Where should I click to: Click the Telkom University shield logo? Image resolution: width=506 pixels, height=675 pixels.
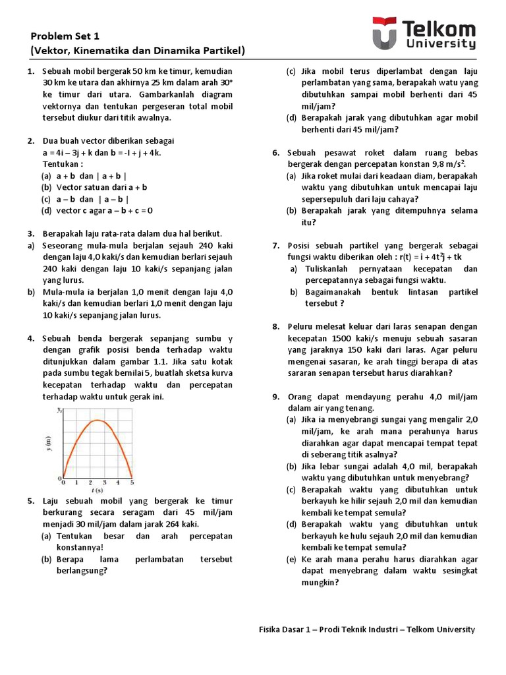click(385, 34)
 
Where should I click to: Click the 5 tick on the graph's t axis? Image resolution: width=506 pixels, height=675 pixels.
click(132, 483)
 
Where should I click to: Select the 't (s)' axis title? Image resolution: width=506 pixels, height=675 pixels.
click(97, 490)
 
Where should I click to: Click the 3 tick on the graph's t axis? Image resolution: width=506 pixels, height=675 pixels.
click(104, 483)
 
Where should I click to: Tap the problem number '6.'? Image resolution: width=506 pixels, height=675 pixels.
click(276, 152)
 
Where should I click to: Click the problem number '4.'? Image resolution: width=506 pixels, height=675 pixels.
click(31, 338)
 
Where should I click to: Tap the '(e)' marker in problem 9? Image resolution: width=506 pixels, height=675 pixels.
click(291, 559)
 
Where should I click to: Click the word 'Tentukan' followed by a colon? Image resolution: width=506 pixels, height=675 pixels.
click(63, 163)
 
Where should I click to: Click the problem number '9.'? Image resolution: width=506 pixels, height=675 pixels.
click(276, 396)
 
